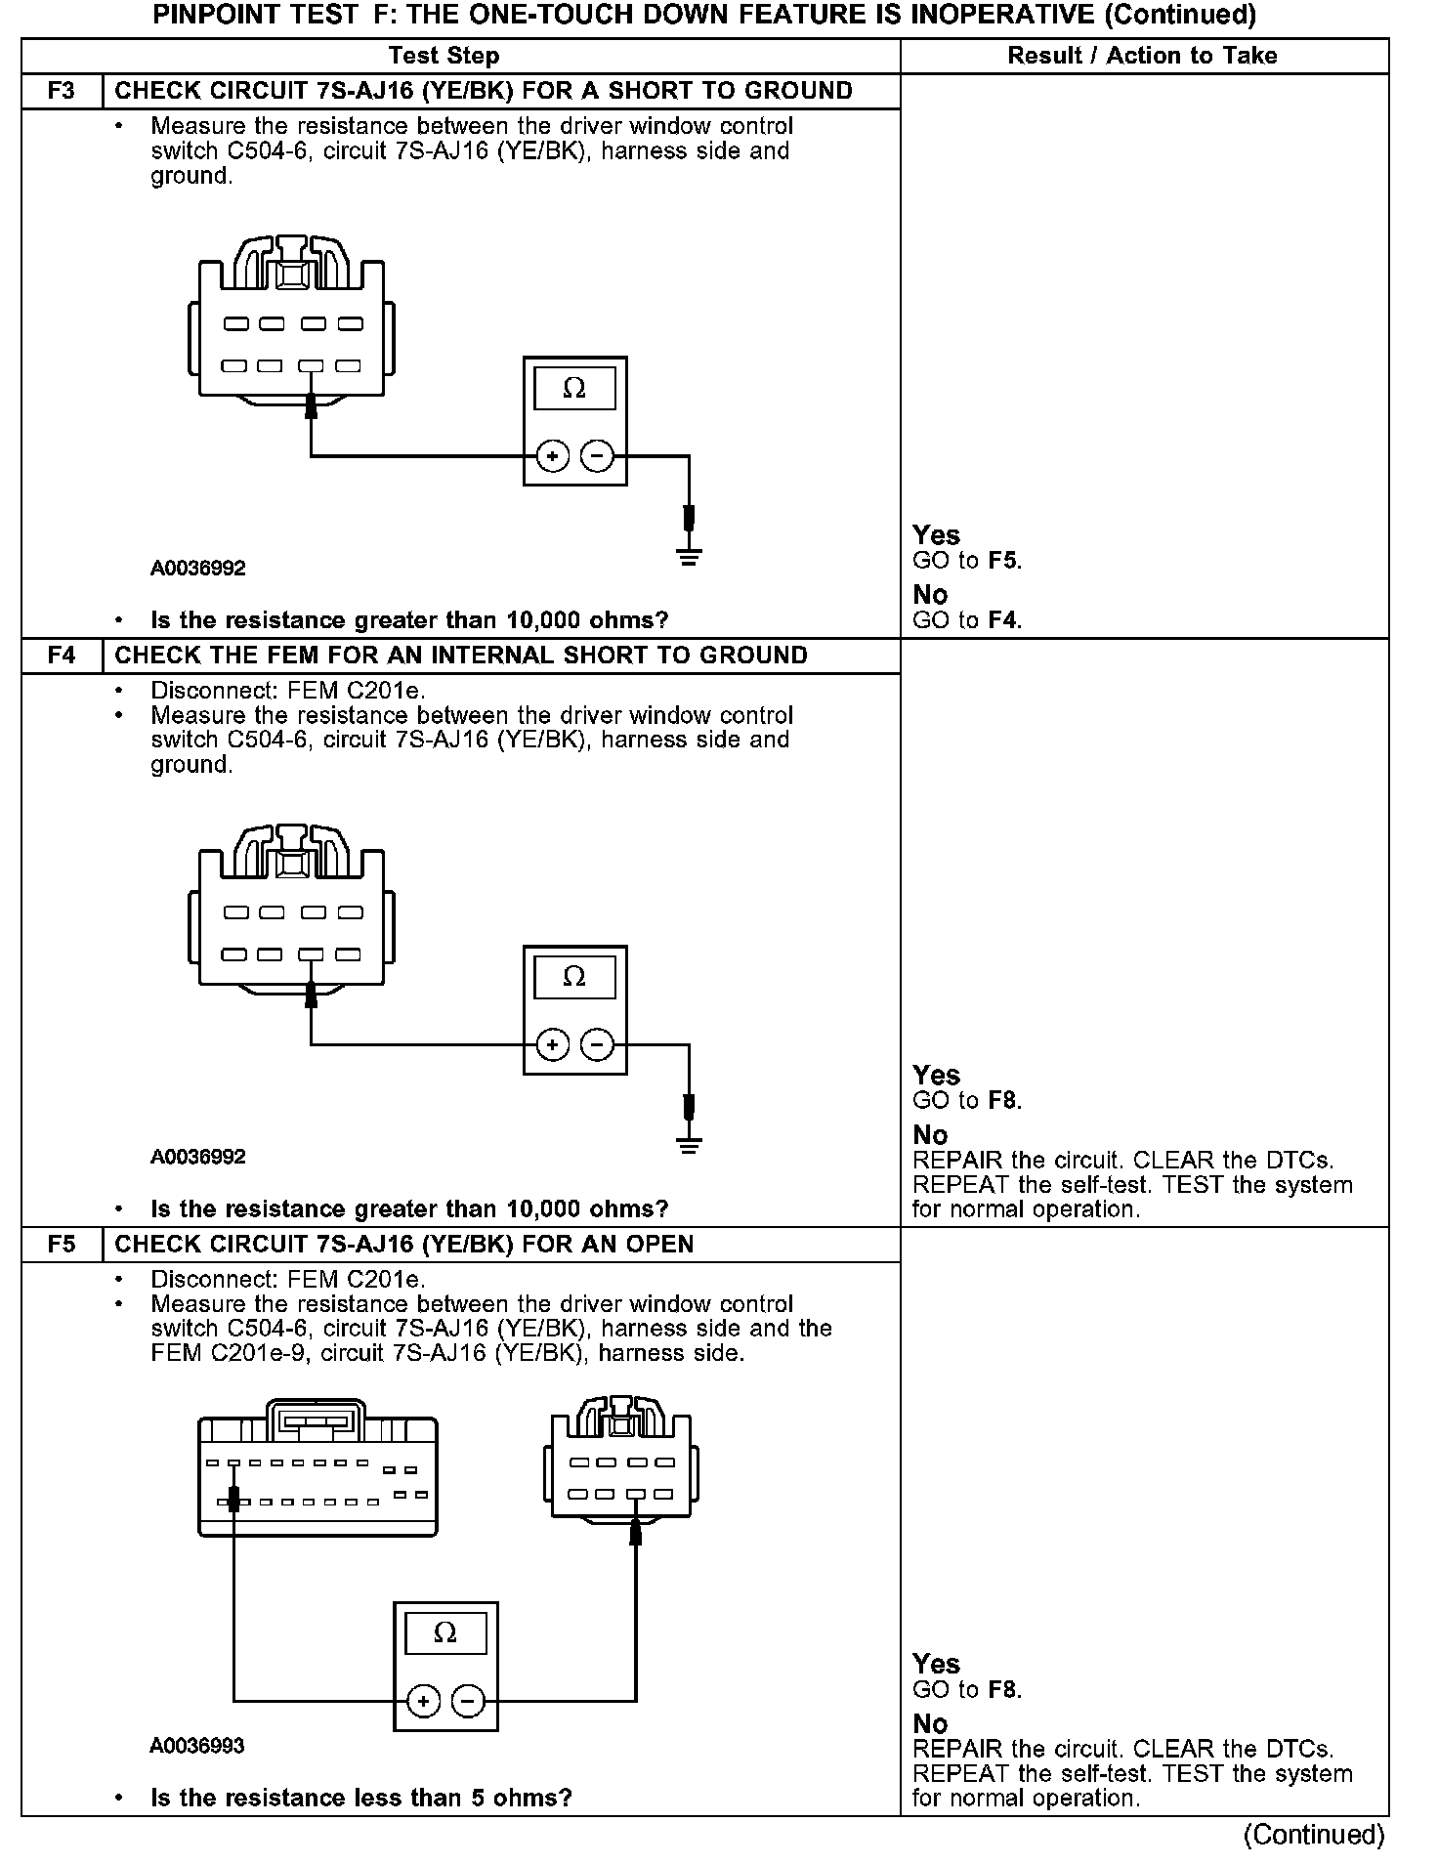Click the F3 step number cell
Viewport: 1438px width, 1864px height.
coord(62,91)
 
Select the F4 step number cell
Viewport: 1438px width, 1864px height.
coord(62,656)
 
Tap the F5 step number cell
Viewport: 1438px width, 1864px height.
coord(62,1245)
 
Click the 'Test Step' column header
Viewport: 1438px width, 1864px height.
coord(444,56)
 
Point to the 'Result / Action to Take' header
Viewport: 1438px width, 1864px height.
coord(1142,56)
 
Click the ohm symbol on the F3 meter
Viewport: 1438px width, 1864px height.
coord(574,389)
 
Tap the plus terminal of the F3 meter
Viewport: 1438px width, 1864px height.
coord(552,456)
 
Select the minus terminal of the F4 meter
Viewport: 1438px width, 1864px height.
coord(597,1045)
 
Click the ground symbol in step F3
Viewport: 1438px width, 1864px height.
coord(690,558)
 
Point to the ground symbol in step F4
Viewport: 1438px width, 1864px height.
coord(690,1146)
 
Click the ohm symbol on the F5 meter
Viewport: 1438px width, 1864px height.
coord(444,1632)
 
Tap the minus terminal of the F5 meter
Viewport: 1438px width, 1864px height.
coord(468,1702)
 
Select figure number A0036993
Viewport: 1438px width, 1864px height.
coord(197,1746)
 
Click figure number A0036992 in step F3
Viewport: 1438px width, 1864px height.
coord(197,569)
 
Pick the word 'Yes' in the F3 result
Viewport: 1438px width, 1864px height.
coord(936,535)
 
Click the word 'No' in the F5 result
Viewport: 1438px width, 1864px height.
coord(930,1723)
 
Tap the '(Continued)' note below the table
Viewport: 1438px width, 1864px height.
coord(1313,1835)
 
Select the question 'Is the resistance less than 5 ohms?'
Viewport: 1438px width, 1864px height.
coord(360,1798)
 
